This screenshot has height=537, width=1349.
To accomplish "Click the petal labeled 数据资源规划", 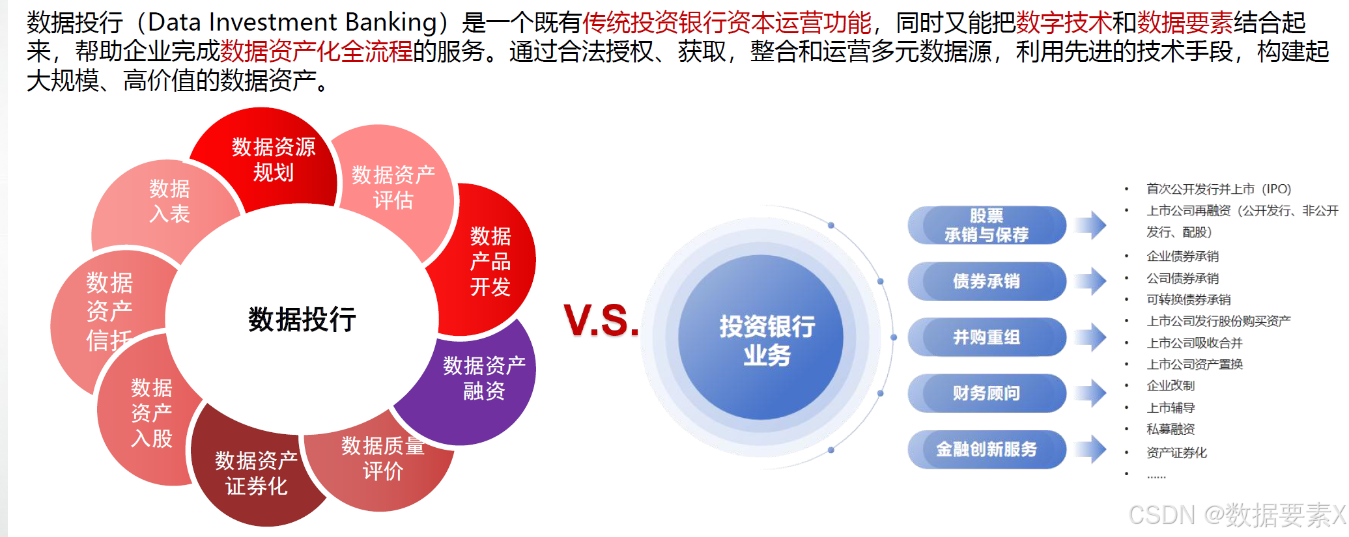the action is [x=273, y=159].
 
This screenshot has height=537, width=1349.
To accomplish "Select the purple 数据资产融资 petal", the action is [x=483, y=378].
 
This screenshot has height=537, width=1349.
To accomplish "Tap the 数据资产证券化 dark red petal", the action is [x=256, y=474].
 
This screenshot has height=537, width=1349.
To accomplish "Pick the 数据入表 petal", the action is [x=169, y=200].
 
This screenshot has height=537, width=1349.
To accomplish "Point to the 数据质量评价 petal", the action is [x=382, y=459].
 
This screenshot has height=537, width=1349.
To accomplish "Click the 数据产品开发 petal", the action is [x=490, y=261].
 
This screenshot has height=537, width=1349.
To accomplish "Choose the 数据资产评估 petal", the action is [x=393, y=187].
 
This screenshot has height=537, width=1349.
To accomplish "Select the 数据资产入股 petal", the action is [x=151, y=413].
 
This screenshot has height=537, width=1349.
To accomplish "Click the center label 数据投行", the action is [x=302, y=320].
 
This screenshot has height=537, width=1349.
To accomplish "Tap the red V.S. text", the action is [x=601, y=320].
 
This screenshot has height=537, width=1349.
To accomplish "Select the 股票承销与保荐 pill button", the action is [x=986, y=225].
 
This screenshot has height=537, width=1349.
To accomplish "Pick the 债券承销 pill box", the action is [x=986, y=281].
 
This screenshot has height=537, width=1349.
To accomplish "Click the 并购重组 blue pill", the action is [x=986, y=337].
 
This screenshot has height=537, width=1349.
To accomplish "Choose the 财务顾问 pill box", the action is [x=986, y=393].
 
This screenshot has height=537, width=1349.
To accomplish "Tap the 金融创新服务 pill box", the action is [x=986, y=449].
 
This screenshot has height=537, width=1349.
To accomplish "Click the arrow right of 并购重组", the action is [x=1090, y=337].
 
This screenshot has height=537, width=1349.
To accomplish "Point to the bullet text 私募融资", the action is [x=1171, y=429].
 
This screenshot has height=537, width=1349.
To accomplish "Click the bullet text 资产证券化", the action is [x=1176, y=452].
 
